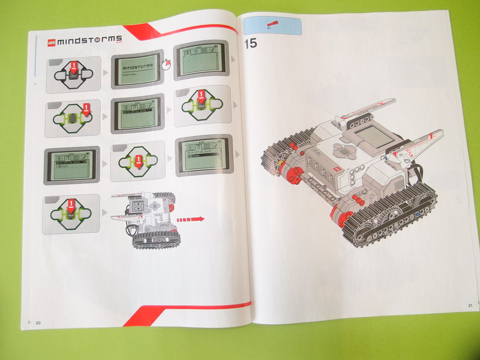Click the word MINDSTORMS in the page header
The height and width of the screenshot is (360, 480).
tap(90, 40)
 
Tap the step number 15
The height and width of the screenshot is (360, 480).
tap(250, 44)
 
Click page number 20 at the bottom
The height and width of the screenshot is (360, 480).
tap(38, 323)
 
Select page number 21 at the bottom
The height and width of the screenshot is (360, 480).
tap(470, 306)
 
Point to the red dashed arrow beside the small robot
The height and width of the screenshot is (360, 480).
tap(190, 219)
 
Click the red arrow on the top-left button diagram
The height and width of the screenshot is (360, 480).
tap(73, 66)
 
